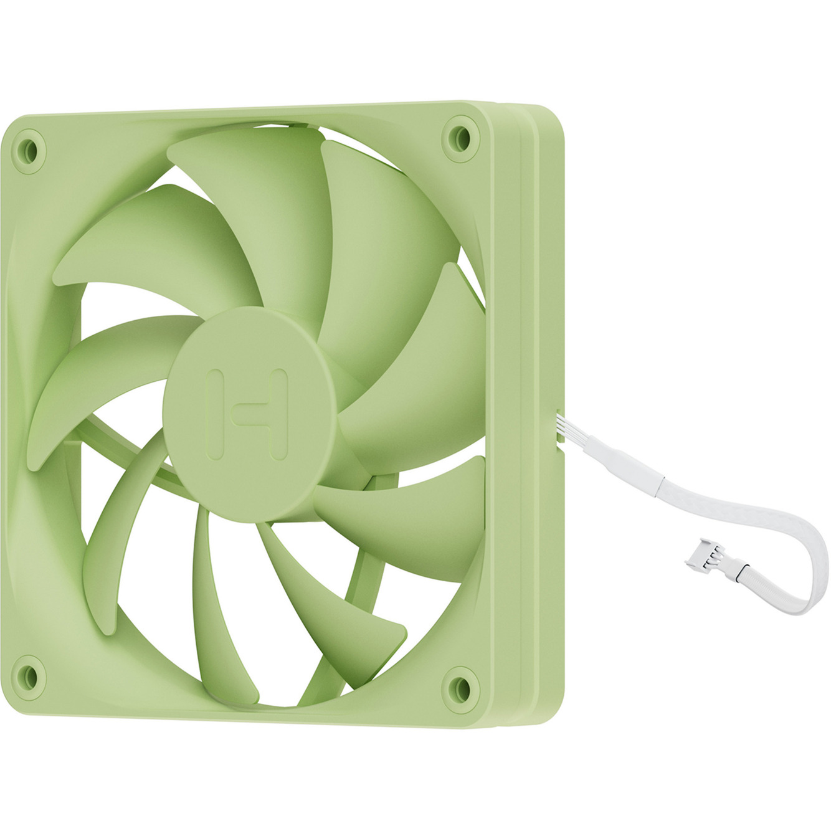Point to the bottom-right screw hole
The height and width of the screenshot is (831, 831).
click(462, 684)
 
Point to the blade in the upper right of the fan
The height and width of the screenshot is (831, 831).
click(386, 237)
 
